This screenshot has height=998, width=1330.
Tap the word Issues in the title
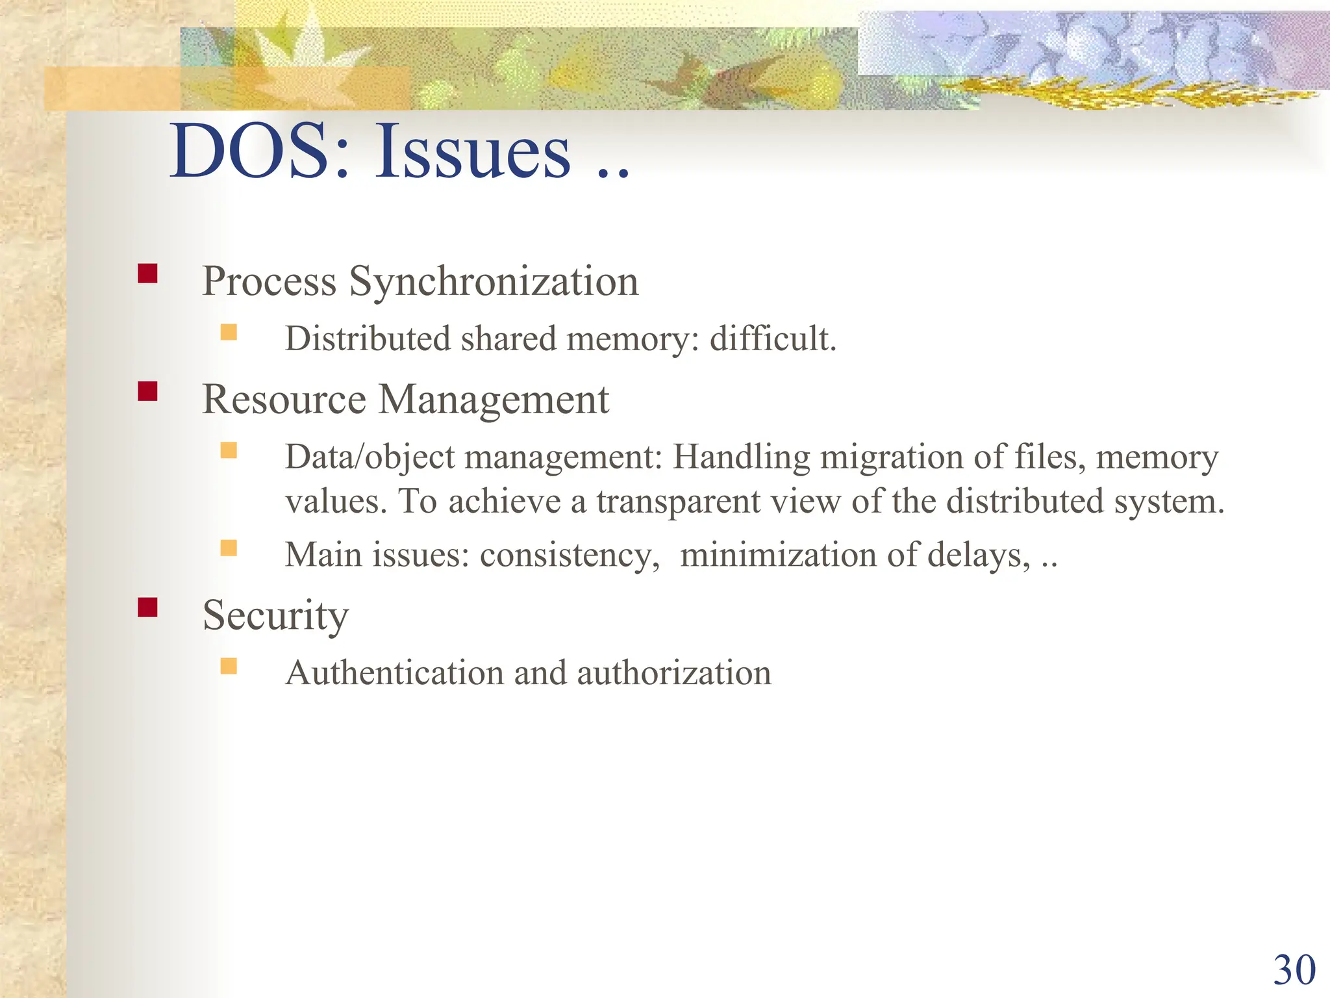coord(473,151)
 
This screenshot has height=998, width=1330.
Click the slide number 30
coord(1294,970)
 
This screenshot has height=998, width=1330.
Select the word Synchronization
coord(494,281)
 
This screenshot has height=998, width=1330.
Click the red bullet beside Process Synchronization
coord(147,273)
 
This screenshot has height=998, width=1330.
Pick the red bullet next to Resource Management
coord(147,391)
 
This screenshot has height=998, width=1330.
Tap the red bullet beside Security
coord(147,607)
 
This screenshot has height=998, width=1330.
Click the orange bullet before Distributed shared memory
coord(229,333)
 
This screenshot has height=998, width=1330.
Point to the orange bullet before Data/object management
coord(229,450)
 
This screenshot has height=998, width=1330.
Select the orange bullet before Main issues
coord(229,548)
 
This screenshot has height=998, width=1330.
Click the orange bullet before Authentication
coord(229,666)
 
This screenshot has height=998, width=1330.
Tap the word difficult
coord(773,339)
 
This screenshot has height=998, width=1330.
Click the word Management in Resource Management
coord(494,399)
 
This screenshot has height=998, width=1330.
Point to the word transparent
coord(718,502)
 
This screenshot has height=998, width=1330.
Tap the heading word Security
coord(275,615)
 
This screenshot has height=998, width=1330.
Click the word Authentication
coord(394,672)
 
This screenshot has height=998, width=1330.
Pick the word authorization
coord(673,672)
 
